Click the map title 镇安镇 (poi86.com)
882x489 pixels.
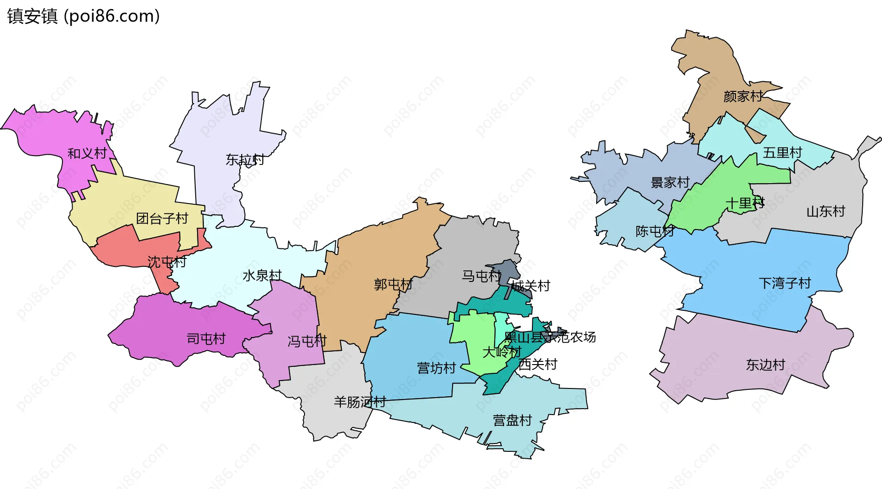[83, 16]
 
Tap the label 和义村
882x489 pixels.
[87, 153]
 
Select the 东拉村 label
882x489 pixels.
[245, 159]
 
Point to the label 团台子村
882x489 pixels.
[162, 218]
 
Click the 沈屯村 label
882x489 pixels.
[167, 262]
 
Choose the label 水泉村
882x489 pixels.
[262, 275]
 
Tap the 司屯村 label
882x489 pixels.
[206, 339]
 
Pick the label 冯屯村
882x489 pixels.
[307, 341]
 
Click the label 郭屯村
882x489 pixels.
[393, 285]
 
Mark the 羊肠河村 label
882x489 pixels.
[360, 402]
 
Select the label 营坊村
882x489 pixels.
[436, 368]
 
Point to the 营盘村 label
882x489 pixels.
[512, 420]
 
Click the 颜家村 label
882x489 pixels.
[743, 96]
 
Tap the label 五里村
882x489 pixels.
[782, 152]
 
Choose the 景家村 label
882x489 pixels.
[670, 182]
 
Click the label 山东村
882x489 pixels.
[825, 211]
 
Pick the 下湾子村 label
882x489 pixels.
[785, 283]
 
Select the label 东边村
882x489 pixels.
[765, 365]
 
